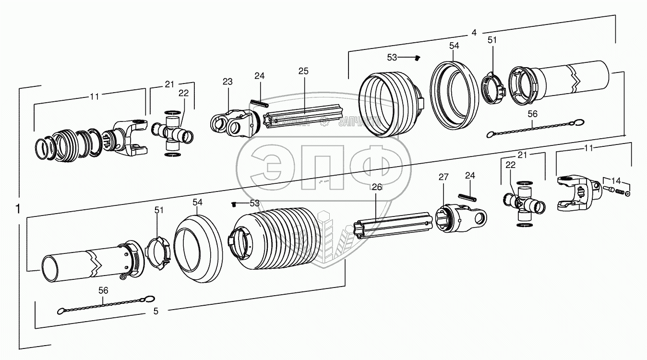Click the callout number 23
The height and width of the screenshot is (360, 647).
227,82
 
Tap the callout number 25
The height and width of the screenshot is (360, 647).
303,71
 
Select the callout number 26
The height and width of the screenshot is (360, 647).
377,187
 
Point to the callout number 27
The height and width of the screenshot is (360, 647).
443,177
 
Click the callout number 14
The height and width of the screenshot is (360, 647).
616,181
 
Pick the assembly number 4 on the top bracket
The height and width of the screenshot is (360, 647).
474,33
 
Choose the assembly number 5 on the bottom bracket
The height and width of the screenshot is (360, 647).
156,311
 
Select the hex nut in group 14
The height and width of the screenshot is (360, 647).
628,193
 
